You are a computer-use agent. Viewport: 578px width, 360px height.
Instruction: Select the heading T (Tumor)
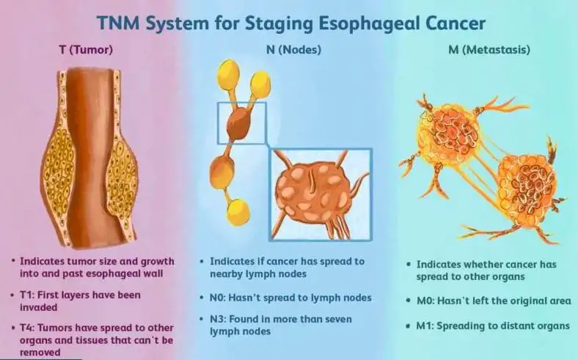86,51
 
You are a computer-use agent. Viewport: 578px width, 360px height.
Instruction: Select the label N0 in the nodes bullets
218,298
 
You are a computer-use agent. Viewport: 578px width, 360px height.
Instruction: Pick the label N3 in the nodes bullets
218,319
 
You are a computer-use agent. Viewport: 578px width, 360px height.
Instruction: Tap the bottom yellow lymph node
238,212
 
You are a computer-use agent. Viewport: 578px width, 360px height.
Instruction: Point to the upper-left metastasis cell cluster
449,133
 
